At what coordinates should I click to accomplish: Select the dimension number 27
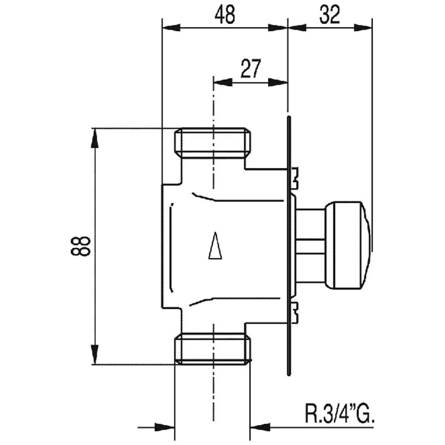250,68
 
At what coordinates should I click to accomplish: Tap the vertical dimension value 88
81,246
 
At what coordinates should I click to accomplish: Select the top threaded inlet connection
212,143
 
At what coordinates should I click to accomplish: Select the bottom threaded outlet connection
212,349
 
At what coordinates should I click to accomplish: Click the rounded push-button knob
348,245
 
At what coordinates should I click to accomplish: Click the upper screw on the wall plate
294,178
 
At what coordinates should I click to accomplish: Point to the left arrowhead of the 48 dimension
171,27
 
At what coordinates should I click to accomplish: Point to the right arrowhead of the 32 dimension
363,27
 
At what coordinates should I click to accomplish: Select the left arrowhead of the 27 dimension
223,82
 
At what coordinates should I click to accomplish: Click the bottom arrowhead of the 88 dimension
95,354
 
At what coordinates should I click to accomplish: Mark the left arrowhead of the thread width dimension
164,427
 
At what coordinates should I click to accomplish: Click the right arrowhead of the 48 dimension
278,27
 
